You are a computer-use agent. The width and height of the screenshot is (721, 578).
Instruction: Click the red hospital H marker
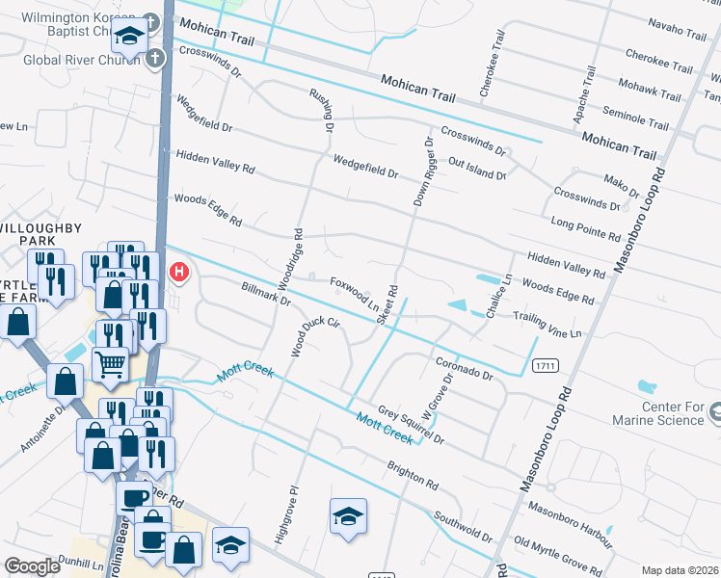pyautogui.click(x=178, y=273)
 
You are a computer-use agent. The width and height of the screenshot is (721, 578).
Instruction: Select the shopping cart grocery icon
pyautogui.click(x=111, y=364)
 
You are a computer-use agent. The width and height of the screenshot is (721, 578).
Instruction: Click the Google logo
pyautogui.click(x=32, y=566)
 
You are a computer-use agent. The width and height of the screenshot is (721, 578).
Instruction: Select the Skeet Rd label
pyautogui.click(x=388, y=304)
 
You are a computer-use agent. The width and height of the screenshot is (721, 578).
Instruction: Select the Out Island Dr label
pyautogui.click(x=476, y=168)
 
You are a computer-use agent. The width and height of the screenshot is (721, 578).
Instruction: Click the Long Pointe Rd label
pyautogui.click(x=585, y=228)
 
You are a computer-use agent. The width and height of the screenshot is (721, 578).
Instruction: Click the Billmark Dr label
pyautogui.click(x=265, y=294)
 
